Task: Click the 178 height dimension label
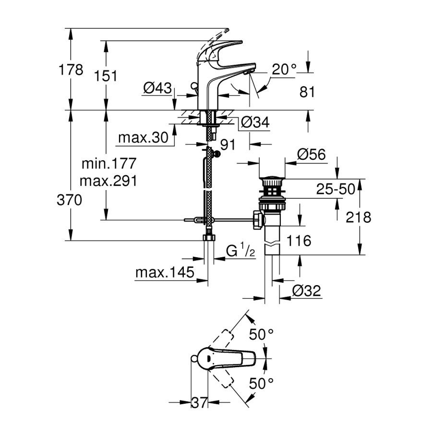[71, 70]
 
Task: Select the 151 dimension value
[105, 75]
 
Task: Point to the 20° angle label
[284, 70]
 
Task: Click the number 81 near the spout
[307, 92]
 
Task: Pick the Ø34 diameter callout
[254, 123]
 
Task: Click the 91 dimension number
[228, 144]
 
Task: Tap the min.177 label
[108, 164]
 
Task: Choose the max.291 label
[108, 181]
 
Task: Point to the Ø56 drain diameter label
[311, 154]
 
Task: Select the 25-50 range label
[335, 189]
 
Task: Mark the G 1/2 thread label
[240, 250]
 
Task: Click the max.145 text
[165, 273]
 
